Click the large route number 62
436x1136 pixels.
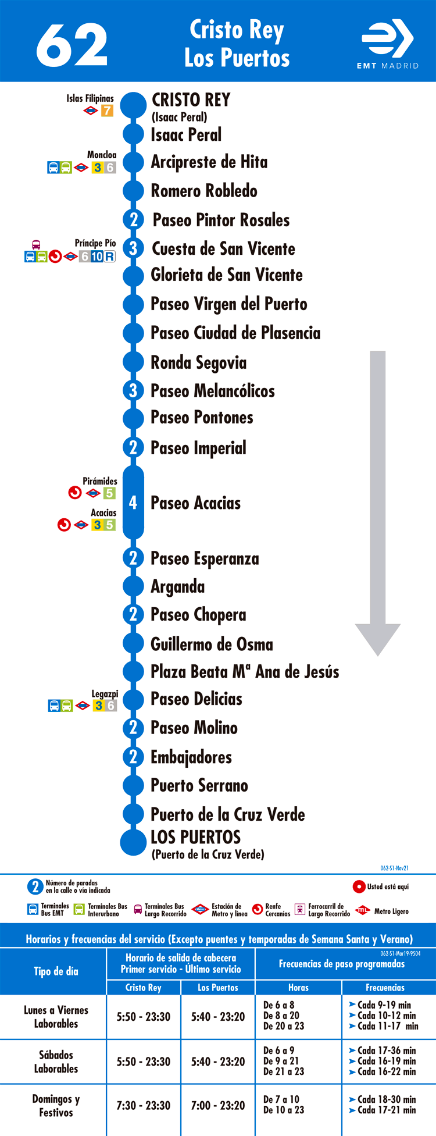(x=72, y=45)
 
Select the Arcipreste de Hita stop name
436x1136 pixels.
(x=209, y=162)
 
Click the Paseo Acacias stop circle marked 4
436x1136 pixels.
(x=133, y=503)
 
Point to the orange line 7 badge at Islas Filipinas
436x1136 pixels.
(x=108, y=111)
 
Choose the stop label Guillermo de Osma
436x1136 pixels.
(x=212, y=644)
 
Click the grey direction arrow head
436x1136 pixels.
(x=378, y=639)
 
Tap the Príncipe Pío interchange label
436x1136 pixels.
(x=95, y=243)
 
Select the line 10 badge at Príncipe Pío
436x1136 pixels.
(x=97, y=257)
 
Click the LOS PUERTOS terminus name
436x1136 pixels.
(x=195, y=837)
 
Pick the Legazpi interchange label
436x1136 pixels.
(x=105, y=694)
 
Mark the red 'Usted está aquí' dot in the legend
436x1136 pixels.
(x=359, y=887)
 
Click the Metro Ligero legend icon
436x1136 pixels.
(x=363, y=910)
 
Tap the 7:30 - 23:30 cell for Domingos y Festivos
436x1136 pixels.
(x=144, y=1106)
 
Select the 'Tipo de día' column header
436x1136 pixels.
(x=56, y=971)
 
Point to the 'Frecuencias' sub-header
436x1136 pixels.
(x=385, y=988)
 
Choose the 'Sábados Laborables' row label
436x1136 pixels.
(x=56, y=1062)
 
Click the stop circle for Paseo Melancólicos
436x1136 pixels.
(x=133, y=390)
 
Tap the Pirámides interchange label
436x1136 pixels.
(x=100, y=481)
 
